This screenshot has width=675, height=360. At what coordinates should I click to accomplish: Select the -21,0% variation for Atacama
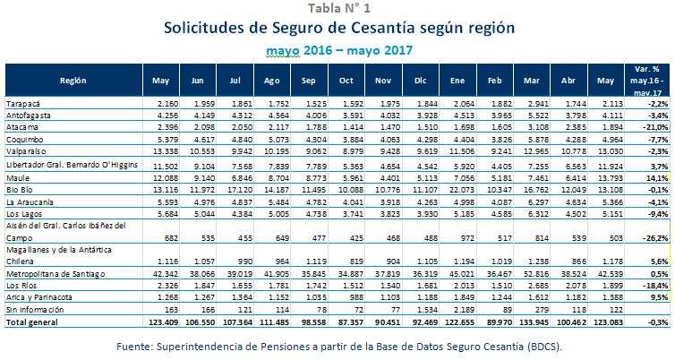(x=655, y=128)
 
